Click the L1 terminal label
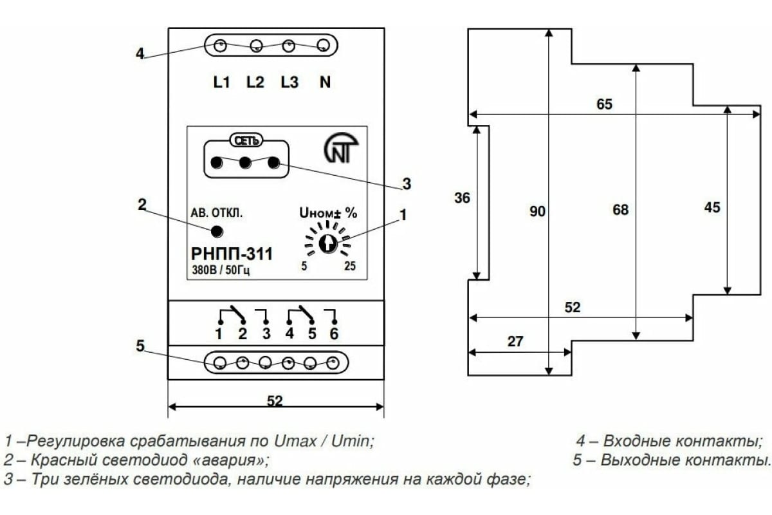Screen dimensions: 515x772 click(221, 82)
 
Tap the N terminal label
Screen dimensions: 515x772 click(326, 82)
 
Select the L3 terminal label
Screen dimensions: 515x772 click(289, 82)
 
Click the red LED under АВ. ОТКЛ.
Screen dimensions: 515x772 click(217, 232)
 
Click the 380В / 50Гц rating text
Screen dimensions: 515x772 click(221, 270)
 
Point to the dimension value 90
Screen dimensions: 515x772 click(538, 211)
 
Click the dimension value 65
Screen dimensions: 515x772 click(604, 104)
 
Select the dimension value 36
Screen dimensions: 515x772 click(462, 198)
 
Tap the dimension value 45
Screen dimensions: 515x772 click(712, 207)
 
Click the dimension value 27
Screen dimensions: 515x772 click(515, 342)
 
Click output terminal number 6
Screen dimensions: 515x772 click(333, 333)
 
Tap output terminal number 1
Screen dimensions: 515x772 click(219, 333)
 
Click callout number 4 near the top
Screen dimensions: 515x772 click(140, 53)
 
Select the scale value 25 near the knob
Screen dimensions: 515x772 click(350, 267)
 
